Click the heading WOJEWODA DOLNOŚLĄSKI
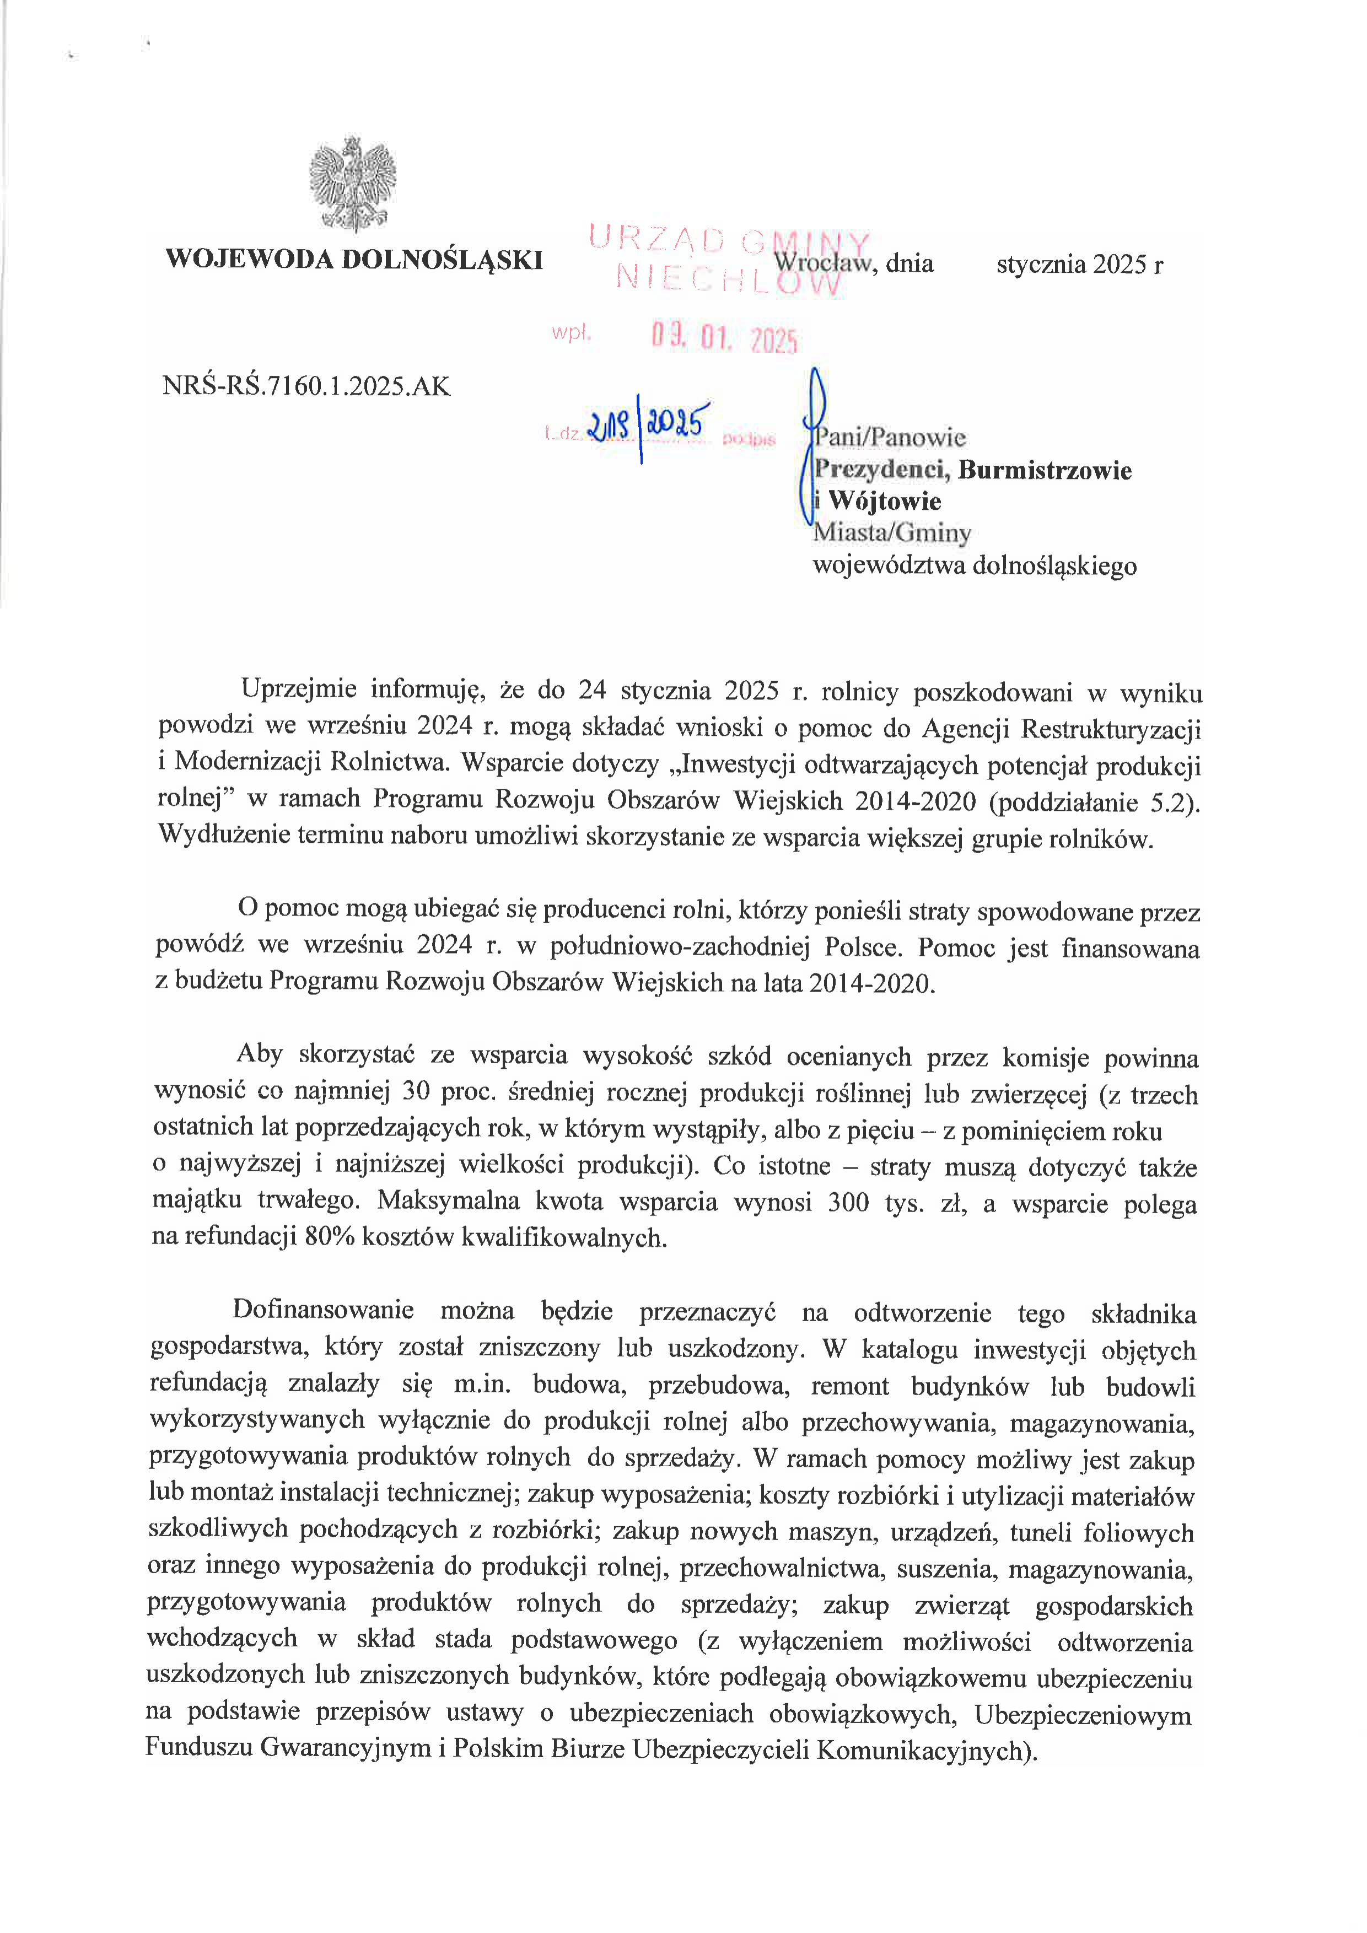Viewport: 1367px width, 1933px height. (353, 259)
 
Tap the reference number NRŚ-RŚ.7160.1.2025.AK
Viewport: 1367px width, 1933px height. (306, 386)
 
